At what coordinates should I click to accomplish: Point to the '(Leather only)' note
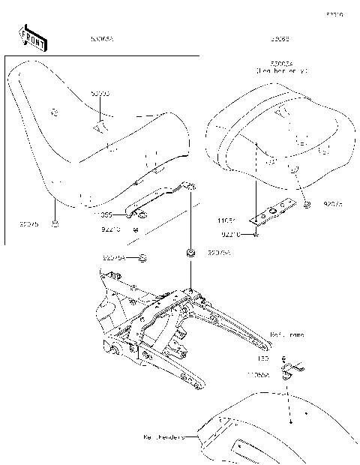click(283, 70)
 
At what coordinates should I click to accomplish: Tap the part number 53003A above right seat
click(282, 63)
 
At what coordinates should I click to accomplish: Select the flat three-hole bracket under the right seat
click(274, 212)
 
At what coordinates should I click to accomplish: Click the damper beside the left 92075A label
click(143, 258)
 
